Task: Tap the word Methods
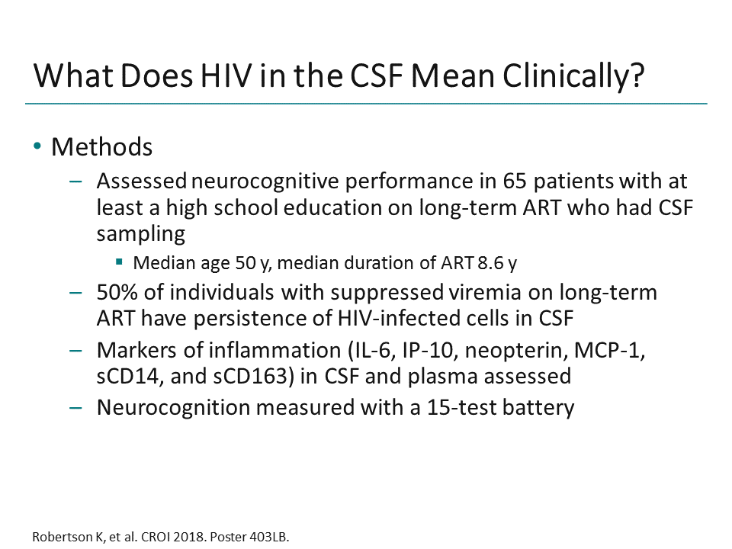point(101,146)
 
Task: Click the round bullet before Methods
point(37,146)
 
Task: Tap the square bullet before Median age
point(119,263)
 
